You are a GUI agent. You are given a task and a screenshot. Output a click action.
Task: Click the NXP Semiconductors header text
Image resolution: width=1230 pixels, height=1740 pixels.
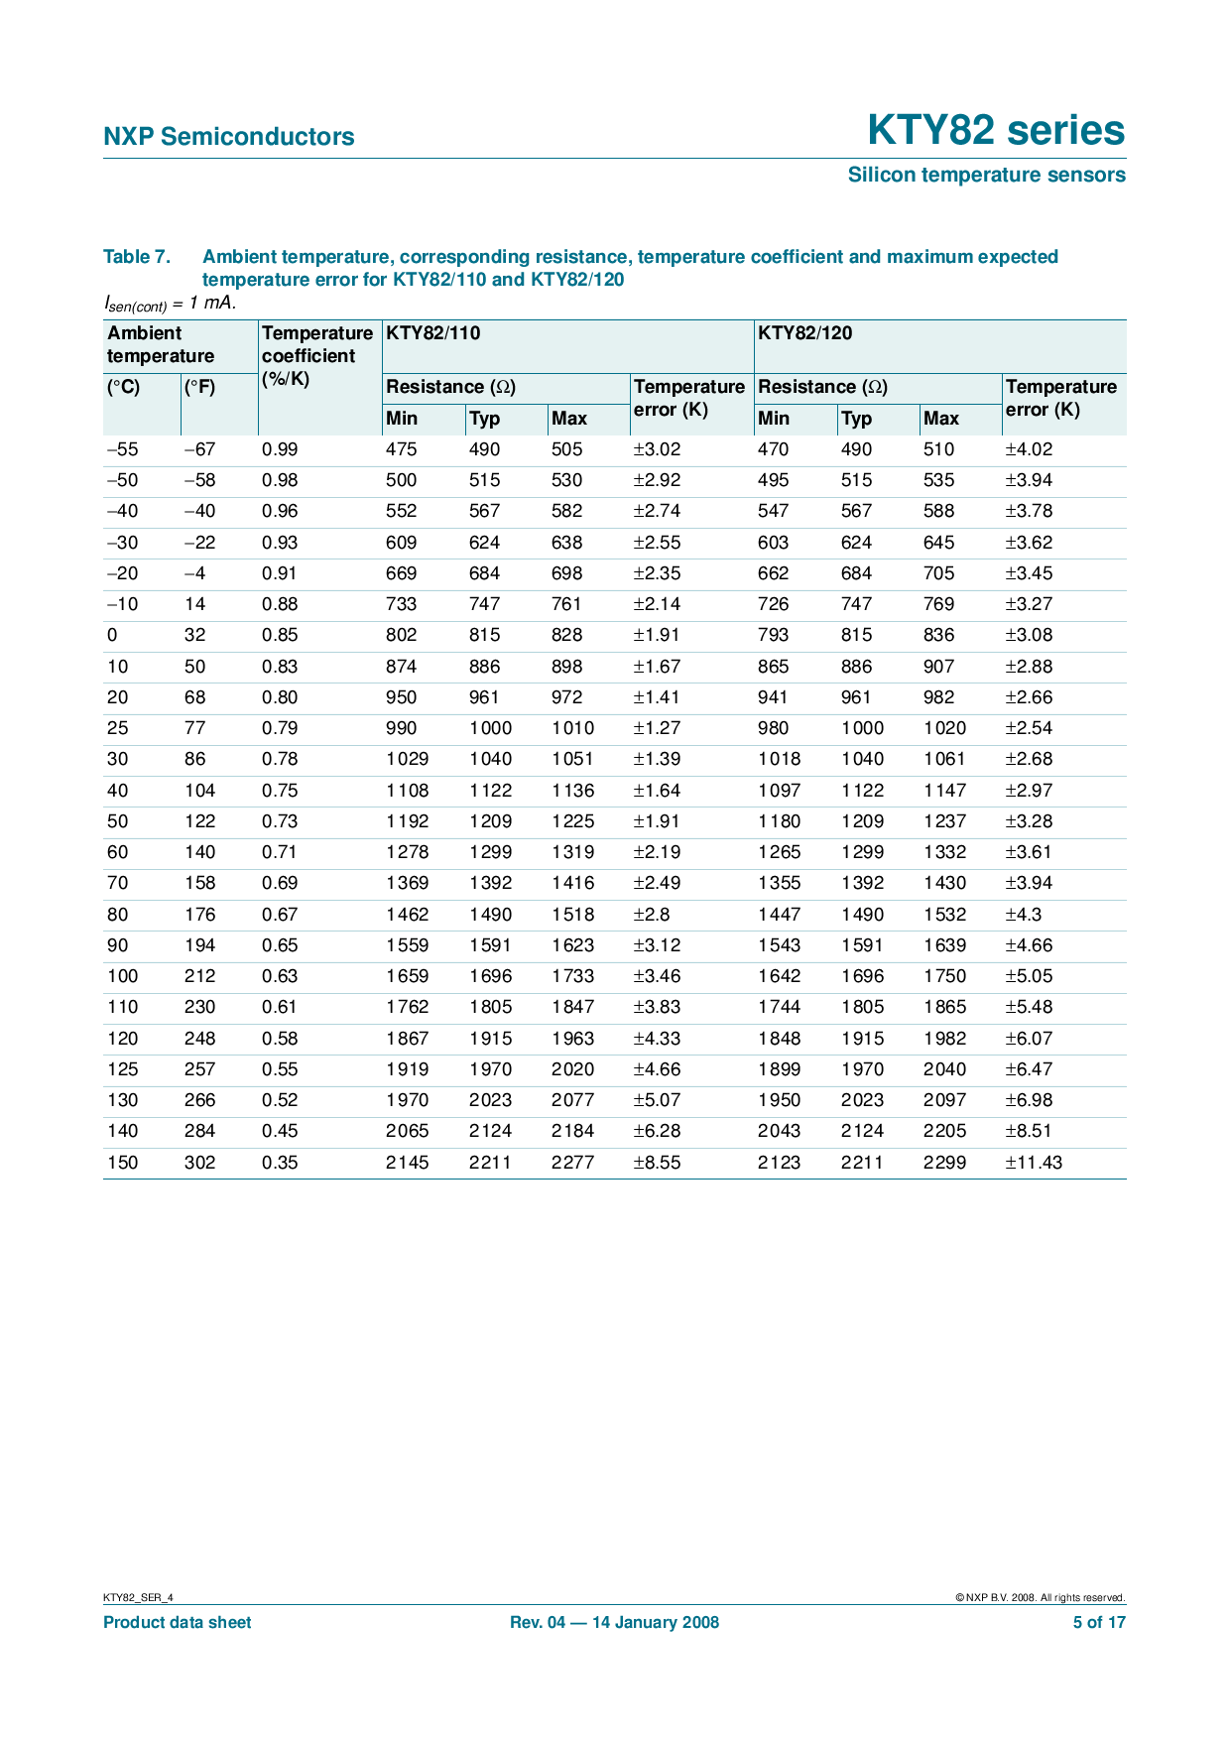228,137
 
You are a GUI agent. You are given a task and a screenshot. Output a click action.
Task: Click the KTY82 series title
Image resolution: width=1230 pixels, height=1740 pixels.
996,131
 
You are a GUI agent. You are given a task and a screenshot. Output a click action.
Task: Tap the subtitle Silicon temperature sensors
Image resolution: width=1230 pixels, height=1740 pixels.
986,176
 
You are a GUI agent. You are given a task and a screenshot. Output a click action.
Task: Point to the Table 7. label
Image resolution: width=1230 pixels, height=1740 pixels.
137,257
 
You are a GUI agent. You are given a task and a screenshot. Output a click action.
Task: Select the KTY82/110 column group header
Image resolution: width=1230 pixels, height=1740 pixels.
432,333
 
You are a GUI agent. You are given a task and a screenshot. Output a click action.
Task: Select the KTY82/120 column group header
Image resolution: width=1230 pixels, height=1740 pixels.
804,333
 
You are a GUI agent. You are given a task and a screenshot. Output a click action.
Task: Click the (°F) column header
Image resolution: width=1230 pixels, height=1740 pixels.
199,387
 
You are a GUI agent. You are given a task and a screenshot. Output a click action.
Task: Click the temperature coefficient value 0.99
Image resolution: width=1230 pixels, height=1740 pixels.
280,449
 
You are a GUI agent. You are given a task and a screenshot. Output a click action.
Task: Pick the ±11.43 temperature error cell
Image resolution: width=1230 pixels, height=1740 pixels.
1034,1163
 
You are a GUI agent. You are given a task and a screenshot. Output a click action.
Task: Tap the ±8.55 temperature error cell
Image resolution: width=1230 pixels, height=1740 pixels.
657,1163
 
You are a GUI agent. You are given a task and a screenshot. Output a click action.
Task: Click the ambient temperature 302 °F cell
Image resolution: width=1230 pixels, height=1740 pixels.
199,1163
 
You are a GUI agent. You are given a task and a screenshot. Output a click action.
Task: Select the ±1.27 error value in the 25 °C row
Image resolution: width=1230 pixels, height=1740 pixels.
657,728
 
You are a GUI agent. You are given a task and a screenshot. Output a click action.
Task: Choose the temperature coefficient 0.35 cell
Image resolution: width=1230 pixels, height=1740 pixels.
280,1163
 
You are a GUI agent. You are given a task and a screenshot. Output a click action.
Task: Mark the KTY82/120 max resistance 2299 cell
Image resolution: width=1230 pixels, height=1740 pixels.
944,1163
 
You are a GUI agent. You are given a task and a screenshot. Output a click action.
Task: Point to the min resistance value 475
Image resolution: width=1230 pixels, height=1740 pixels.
402,449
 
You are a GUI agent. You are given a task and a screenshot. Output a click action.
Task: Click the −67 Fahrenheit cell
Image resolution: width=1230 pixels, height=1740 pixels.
199,449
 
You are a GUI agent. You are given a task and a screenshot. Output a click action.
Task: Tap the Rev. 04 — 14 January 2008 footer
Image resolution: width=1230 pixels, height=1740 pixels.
614,1623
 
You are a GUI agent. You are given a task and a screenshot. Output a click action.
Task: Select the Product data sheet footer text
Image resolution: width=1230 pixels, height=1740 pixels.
178,1623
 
